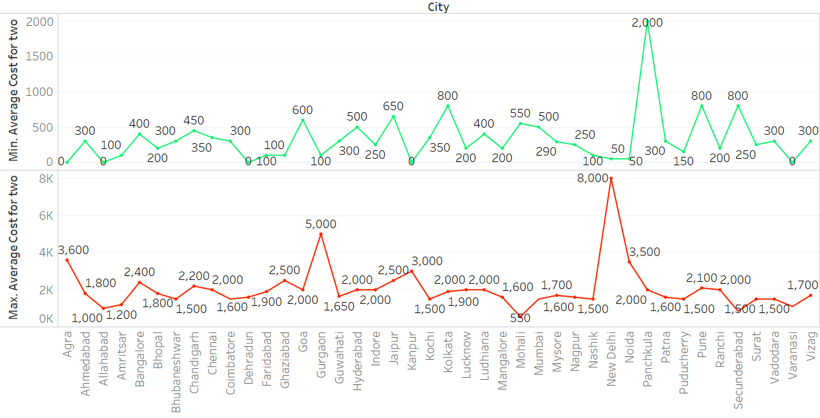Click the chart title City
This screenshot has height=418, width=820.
coord(438,7)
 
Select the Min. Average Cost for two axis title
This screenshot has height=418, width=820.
coord(13,90)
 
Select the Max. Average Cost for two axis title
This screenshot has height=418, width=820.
coord(13,249)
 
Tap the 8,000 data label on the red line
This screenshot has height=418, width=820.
coord(592,178)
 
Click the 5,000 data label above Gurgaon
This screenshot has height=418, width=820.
coord(321,224)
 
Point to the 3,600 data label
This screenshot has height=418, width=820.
coord(73,250)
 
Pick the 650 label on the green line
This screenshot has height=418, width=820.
coord(393,106)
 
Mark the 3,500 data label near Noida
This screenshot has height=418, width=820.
coord(644,253)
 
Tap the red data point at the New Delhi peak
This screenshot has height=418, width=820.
coord(611,178)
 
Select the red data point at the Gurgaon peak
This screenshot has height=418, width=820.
coord(321,234)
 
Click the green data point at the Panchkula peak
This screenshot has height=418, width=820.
coord(647,21)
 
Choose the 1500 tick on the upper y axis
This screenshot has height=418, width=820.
coord(39,56)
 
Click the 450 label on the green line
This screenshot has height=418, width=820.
coord(193,121)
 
